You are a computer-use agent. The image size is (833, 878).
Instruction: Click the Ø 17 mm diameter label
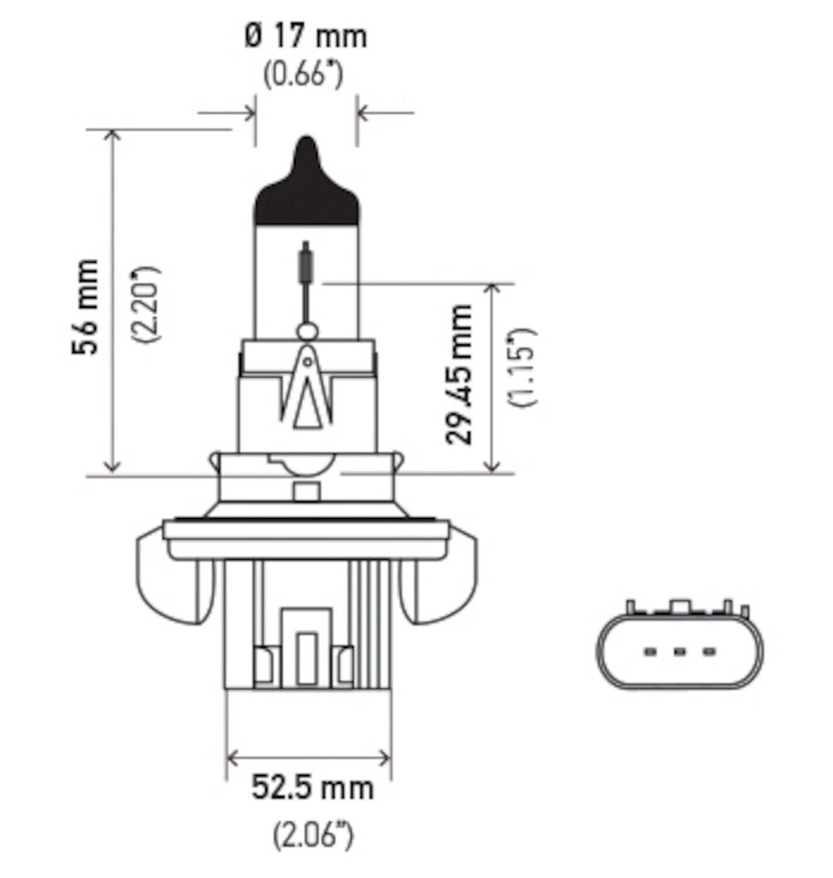[x=305, y=36]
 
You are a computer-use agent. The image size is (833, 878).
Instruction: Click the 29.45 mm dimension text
[x=461, y=373]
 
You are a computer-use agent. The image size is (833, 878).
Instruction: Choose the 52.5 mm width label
[x=312, y=787]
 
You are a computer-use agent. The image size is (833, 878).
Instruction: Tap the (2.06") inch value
[x=313, y=834]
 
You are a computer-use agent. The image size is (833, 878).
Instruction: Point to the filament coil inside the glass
[x=305, y=262]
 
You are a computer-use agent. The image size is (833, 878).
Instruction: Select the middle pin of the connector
[x=679, y=652]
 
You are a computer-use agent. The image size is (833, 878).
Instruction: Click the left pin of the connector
[x=649, y=652]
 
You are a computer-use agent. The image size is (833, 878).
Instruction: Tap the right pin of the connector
[x=708, y=652]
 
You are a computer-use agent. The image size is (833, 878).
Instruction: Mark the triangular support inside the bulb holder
[x=307, y=390]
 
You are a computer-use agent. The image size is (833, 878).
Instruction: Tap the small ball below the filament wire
[x=306, y=331]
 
